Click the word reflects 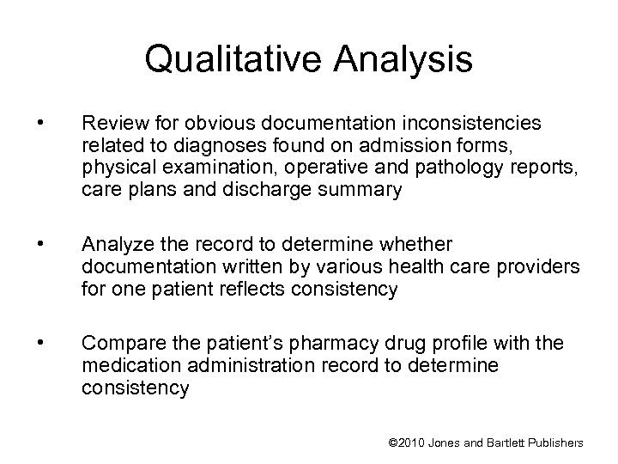pyautogui.click(x=268, y=290)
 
